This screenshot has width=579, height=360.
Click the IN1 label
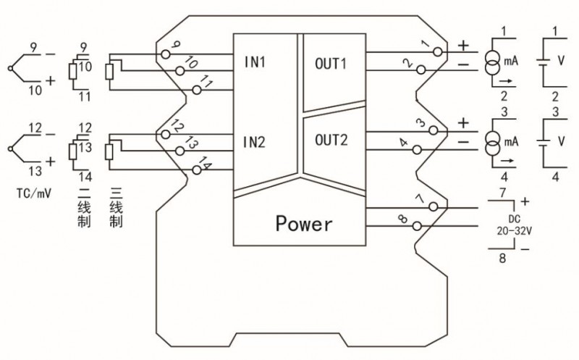click(255, 62)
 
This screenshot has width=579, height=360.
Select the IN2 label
click(255, 141)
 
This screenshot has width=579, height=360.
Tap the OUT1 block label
click(331, 62)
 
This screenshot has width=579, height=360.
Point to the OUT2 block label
click(331, 139)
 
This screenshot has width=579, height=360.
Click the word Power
click(304, 223)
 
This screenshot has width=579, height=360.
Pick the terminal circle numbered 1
click(434, 52)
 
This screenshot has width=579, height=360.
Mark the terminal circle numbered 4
click(417, 148)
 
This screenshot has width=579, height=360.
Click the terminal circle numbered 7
click(434, 207)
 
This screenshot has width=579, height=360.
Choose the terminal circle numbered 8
click(417, 226)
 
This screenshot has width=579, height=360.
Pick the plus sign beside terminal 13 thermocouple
click(50, 162)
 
